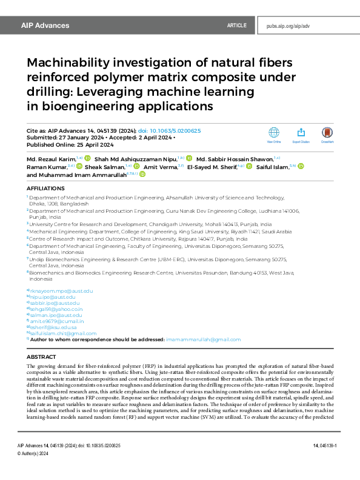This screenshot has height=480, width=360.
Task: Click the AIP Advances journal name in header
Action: pyautogui.click(x=45, y=26)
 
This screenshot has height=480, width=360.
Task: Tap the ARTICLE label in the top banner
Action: pyautogui.click(x=236, y=26)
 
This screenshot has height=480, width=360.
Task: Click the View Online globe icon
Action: pyautogui.click(x=274, y=133)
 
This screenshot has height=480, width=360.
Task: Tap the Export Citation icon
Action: pyautogui.click(x=301, y=133)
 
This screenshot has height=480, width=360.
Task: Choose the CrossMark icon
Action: pyautogui.click(x=328, y=133)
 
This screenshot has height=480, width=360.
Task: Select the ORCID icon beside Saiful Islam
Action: pyautogui.click(x=301, y=166)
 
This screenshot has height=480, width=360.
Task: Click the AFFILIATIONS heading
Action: pyautogui.click(x=45, y=188)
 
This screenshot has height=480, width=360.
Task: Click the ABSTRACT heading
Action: pyautogui.click(x=42, y=358)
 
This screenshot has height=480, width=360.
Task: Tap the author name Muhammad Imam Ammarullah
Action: pyautogui.click(x=83, y=174)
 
